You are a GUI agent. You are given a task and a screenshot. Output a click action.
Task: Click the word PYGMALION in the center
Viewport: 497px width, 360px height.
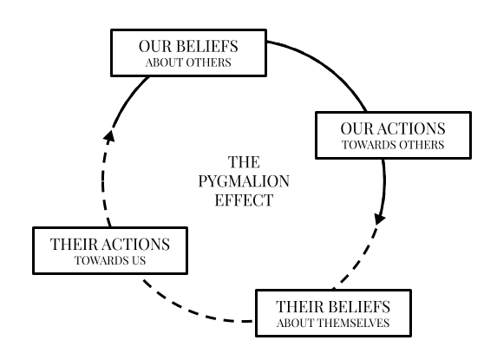[x=244, y=181]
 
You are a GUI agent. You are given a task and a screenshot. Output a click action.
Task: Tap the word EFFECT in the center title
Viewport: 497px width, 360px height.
[x=244, y=200]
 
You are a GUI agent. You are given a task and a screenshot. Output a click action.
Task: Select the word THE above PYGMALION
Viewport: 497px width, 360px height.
[x=244, y=162]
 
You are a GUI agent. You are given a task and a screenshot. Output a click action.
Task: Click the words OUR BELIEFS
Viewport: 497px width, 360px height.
[x=188, y=46]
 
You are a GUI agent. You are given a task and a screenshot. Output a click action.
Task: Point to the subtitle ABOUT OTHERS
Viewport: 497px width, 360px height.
[x=188, y=62]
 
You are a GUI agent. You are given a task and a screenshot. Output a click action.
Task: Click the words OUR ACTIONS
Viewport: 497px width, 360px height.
[x=393, y=128]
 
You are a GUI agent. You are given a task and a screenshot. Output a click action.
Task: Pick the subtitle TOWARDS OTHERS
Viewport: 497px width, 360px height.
[x=393, y=145]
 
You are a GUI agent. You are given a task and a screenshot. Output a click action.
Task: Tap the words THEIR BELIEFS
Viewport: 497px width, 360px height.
[x=333, y=307]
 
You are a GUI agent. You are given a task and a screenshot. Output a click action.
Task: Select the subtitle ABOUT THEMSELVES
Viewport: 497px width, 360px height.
[x=333, y=323]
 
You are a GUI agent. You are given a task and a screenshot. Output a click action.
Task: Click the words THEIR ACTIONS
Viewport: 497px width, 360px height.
[x=110, y=245]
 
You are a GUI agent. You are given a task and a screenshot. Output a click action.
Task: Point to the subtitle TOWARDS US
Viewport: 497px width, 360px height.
[x=110, y=260]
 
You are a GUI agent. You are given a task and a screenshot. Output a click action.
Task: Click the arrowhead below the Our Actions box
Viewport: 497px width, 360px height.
[x=379, y=219]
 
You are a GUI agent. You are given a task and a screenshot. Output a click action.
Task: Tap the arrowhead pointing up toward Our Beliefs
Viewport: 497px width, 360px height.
[x=109, y=135]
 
